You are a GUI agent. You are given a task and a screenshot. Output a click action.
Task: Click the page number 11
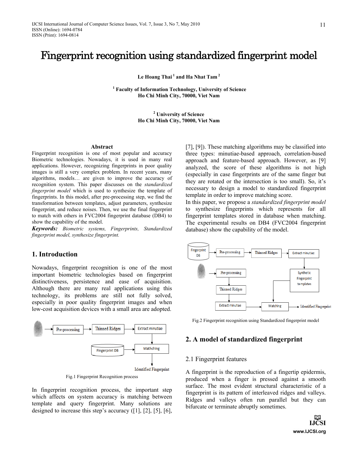(323, 25)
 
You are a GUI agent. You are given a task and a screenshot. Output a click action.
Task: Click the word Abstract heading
(102, 147)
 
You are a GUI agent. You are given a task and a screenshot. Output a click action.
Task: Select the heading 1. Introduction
(55, 254)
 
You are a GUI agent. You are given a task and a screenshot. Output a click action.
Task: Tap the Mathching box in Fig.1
(152, 349)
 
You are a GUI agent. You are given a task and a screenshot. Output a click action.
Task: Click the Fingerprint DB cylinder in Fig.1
(108, 350)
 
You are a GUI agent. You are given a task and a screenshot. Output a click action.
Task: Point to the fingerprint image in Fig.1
(38, 329)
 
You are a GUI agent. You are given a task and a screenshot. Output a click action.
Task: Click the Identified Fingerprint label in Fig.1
(152, 369)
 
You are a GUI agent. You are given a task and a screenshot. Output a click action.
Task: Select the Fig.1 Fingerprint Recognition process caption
(102, 377)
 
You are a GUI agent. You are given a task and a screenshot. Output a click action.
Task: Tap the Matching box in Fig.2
(275, 306)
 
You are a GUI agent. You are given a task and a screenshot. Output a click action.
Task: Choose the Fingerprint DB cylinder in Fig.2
(198, 251)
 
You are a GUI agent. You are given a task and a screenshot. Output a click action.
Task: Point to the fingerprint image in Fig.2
(201, 271)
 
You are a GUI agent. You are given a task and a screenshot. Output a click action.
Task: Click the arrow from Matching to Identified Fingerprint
(294, 307)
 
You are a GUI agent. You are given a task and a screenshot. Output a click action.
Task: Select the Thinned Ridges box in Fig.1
(108, 329)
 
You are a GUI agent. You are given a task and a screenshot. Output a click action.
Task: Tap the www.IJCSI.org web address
(309, 431)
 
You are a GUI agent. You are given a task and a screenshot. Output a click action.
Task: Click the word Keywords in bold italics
(45, 229)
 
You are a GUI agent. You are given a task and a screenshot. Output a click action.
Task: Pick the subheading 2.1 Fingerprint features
(216, 359)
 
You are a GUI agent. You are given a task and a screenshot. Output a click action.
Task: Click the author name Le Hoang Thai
(155, 77)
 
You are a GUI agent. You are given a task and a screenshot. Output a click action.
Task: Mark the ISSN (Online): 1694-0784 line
(57, 30)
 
